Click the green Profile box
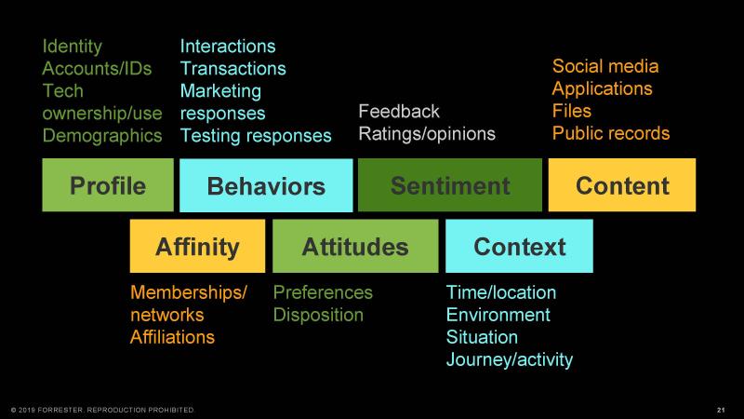click(x=108, y=184)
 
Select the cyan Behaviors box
click(x=266, y=185)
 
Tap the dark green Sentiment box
click(x=450, y=184)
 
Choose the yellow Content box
click(x=622, y=184)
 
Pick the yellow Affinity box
click(x=197, y=246)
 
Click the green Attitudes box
click(x=355, y=246)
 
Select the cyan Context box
click(x=519, y=246)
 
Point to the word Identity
click(x=73, y=47)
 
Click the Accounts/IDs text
click(x=97, y=68)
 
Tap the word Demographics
click(x=102, y=136)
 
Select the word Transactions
click(x=233, y=68)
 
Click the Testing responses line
click(x=256, y=136)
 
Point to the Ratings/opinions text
click(x=427, y=134)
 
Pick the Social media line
click(x=605, y=66)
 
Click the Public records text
click(x=611, y=133)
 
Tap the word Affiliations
click(x=172, y=337)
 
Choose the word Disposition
click(x=318, y=315)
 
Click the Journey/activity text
click(x=510, y=359)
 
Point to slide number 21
click(x=722, y=410)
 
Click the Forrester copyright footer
click(x=102, y=410)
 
